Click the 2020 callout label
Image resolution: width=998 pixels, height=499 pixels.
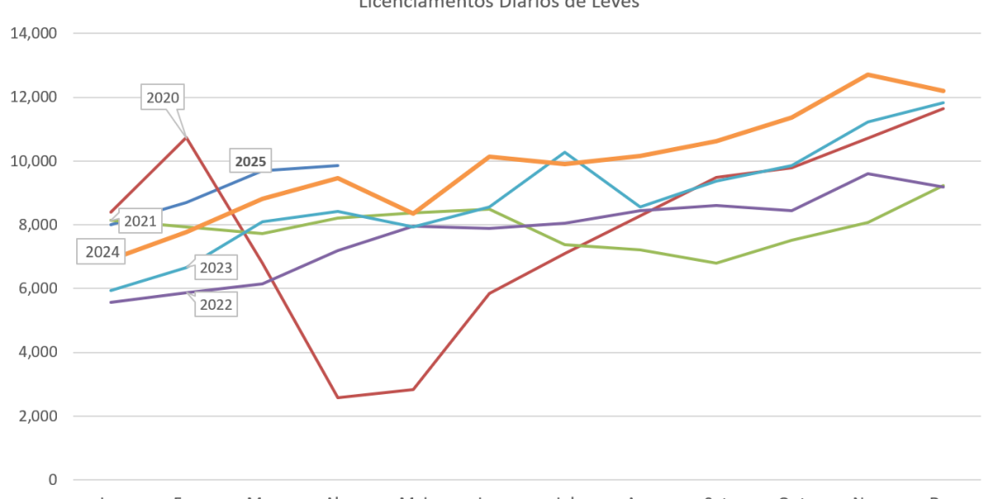click(x=163, y=98)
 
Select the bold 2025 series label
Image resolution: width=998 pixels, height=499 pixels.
click(x=250, y=161)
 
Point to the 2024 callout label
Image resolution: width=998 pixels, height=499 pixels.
click(x=102, y=252)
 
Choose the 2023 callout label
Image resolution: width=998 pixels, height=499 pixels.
click(x=215, y=268)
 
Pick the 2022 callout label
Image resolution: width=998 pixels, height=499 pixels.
click(x=215, y=305)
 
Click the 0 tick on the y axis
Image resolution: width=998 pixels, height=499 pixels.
click(x=53, y=480)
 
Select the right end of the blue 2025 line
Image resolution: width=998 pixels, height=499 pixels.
click(x=338, y=165)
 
